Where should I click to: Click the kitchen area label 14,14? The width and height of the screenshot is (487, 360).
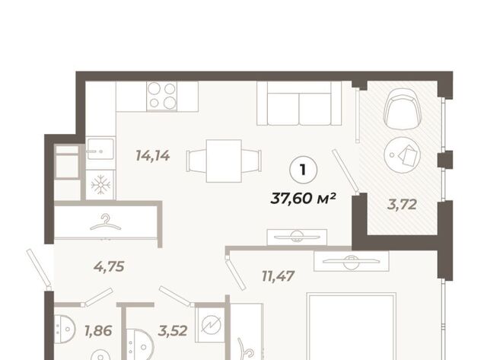pyautogui.click(x=153, y=155)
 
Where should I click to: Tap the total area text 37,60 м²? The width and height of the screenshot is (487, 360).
pyautogui.click(x=303, y=198)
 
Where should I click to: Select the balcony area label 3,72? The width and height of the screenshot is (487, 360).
pyautogui.click(x=402, y=205)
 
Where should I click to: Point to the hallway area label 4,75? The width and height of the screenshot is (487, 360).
pyautogui.click(x=109, y=266)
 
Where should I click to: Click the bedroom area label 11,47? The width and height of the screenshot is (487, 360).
pyautogui.click(x=278, y=276)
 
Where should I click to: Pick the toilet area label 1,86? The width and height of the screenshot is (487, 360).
pyautogui.click(x=98, y=331)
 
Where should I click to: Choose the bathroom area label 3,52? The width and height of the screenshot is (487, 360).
pyautogui.click(x=173, y=331)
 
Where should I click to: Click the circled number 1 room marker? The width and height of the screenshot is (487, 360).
pyautogui.click(x=303, y=170)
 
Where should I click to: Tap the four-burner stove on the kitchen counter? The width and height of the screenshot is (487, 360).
pyautogui.click(x=162, y=96)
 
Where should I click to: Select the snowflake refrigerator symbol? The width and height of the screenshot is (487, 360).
pyautogui.click(x=100, y=185)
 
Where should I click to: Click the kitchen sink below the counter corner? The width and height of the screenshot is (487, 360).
pyautogui.click(x=100, y=149)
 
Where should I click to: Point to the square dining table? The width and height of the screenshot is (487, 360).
pyautogui.click(x=224, y=161)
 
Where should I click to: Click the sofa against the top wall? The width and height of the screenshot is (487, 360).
pyautogui.click(x=299, y=103)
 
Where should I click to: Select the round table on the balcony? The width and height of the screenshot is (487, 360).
pyautogui.click(x=403, y=155)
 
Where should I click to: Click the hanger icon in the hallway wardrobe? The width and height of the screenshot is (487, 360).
pyautogui.click(x=105, y=221)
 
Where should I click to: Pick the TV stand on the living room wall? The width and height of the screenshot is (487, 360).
pyautogui.click(x=297, y=237)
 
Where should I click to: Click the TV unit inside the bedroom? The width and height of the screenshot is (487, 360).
pyautogui.click(x=352, y=261)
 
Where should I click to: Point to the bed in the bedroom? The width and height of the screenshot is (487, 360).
pyautogui.click(x=352, y=327)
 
